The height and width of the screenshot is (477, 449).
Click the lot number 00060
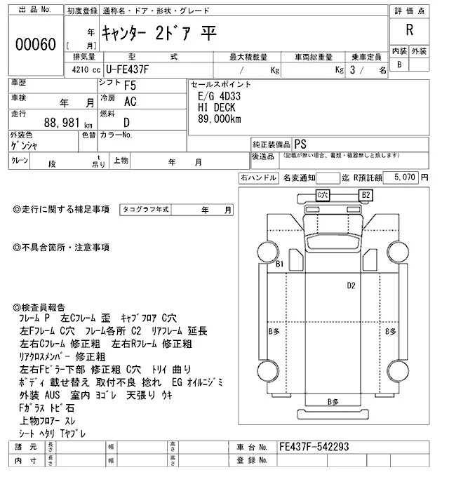pos(34,44)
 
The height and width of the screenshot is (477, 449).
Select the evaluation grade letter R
pos(408,29)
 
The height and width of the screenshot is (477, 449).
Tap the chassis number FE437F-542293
pos(314,447)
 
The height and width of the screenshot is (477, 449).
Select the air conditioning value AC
pos(130,102)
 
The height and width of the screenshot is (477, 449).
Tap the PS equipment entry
pos(301,142)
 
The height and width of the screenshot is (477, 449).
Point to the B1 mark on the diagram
pos(279,264)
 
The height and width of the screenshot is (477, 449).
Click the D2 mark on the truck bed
pos(351,285)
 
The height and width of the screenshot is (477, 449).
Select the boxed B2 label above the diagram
pos(366,194)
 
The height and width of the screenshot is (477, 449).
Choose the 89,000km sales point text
pos(220,119)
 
